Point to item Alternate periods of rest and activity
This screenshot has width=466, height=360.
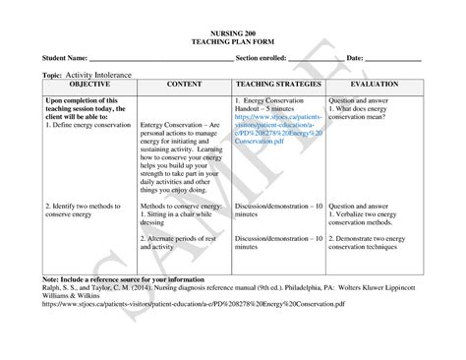click(182, 244)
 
